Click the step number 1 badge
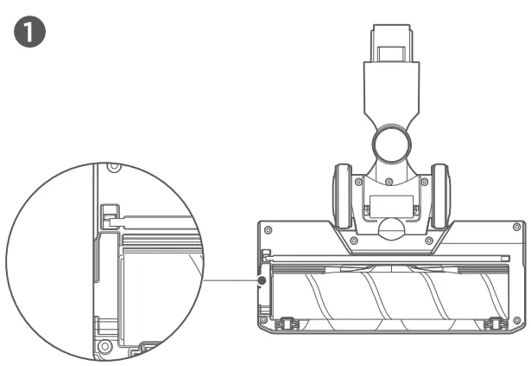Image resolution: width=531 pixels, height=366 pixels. pyautogui.click(x=29, y=31)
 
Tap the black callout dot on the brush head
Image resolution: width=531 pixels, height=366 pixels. pyautogui.click(x=262, y=280)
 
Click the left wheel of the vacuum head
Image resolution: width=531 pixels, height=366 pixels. pyautogui.click(x=343, y=196)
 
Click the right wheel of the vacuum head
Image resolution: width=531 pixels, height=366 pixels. pyautogui.click(x=440, y=196)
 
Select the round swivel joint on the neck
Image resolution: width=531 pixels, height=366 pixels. pyautogui.click(x=391, y=144)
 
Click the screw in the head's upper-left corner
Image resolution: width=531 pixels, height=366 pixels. pyautogui.click(x=269, y=230)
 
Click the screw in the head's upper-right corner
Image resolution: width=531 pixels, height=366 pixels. pyautogui.click(x=517, y=227)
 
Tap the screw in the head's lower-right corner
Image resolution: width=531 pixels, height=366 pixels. pyautogui.click(x=517, y=320)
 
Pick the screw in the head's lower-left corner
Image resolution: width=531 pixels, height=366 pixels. pyautogui.click(x=263, y=320)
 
